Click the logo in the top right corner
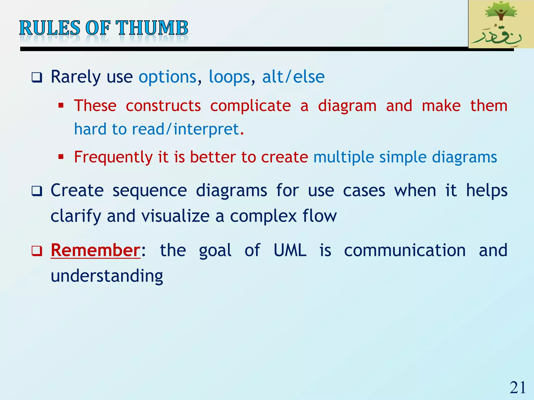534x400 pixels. (501, 24)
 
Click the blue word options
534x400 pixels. (167, 77)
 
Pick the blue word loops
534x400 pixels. (229, 77)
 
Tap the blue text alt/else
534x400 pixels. (293, 77)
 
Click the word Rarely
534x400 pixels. (76, 77)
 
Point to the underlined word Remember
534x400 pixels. (96, 250)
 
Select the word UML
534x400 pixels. (290, 250)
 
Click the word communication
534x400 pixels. (405, 250)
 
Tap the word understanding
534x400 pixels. (107, 276)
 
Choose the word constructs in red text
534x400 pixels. (163, 106)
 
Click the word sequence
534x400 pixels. (150, 190)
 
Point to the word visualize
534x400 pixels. (175, 216)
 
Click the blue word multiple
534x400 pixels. (343, 157)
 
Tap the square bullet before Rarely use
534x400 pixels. (37, 78)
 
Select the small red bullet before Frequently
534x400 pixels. (61, 157)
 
